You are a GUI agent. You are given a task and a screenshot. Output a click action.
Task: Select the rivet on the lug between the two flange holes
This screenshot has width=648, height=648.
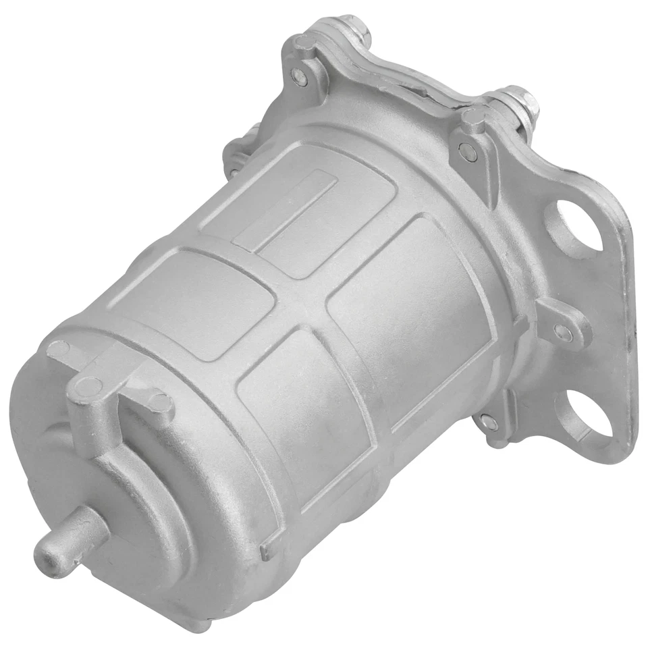pos(562,331)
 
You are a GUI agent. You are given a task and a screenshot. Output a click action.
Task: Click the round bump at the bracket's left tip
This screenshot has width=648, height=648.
pos(59,349)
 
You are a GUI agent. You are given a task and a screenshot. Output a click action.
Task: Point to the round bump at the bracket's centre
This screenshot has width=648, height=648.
pos(87,385)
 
